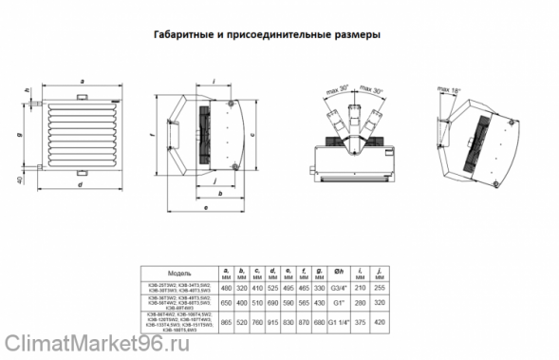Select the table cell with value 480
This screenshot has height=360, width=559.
226,288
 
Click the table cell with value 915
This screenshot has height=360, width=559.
275,324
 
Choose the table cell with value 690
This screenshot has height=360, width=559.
275,305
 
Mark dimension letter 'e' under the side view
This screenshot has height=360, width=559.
205,204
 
